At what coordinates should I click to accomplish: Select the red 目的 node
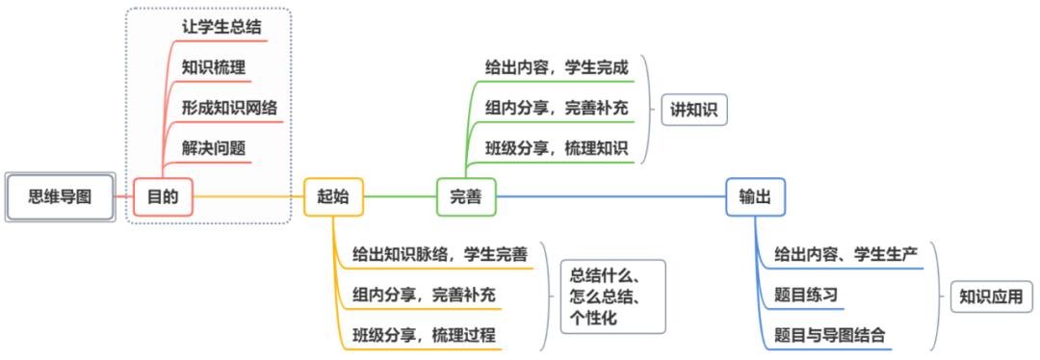click(163, 196)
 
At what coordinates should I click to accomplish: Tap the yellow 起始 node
click(332, 196)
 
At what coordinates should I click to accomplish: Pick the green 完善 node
click(465, 196)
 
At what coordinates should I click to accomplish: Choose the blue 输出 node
click(754, 196)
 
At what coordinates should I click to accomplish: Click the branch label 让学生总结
click(221, 26)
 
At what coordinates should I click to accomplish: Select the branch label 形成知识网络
click(229, 108)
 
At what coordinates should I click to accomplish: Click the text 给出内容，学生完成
click(557, 68)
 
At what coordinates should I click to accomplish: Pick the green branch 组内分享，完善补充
click(557, 108)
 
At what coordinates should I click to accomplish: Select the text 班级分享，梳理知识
click(557, 148)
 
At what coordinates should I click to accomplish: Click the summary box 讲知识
click(692, 109)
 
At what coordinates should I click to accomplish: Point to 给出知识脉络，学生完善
click(439, 254)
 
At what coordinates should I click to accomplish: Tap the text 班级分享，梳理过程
click(424, 333)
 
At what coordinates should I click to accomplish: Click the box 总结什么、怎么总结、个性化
click(612, 294)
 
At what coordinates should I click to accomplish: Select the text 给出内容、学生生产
click(845, 254)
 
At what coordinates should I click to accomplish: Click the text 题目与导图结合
click(830, 334)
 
